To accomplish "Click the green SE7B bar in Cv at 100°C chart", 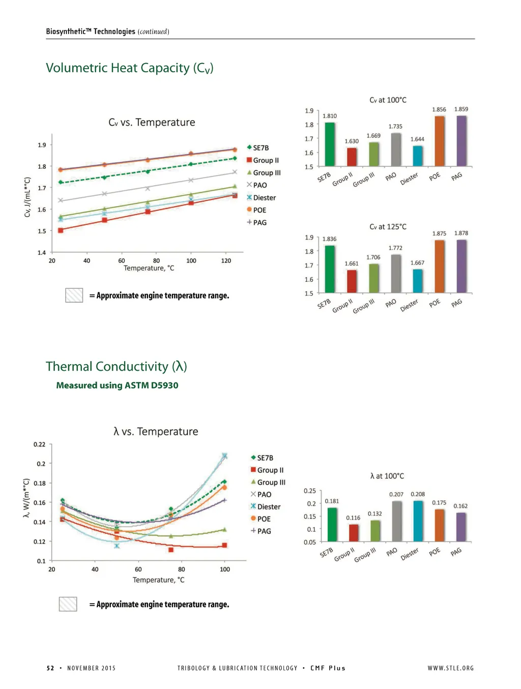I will (x=330, y=144).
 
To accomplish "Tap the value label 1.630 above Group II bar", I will (x=352, y=141).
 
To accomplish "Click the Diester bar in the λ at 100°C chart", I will (x=418, y=521).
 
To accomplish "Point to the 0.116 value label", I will (x=353, y=518).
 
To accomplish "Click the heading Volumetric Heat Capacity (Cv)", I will (x=130, y=68).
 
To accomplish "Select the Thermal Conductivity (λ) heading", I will (x=117, y=367).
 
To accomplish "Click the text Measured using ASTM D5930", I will (x=117, y=385).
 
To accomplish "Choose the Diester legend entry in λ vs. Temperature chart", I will (x=265, y=506).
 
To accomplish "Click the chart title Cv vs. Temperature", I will (x=152, y=123).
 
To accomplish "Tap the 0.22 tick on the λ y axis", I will (x=40, y=444).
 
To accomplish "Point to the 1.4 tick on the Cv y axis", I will (x=42, y=252).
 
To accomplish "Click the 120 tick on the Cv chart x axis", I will (x=226, y=261).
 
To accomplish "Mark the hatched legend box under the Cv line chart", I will (x=74, y=295).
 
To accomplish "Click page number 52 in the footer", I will (x=50, y=668).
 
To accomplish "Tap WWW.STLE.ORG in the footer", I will (x=450, y=668).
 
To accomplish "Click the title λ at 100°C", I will (x=387, y=476).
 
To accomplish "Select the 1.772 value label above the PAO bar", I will (x=395, y=248).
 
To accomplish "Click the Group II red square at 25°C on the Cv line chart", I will (x=61, y=230).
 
